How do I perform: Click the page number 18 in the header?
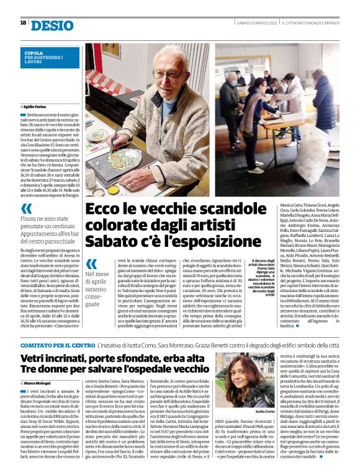[x=23, y=23]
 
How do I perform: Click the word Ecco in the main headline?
[x=104, y=209]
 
